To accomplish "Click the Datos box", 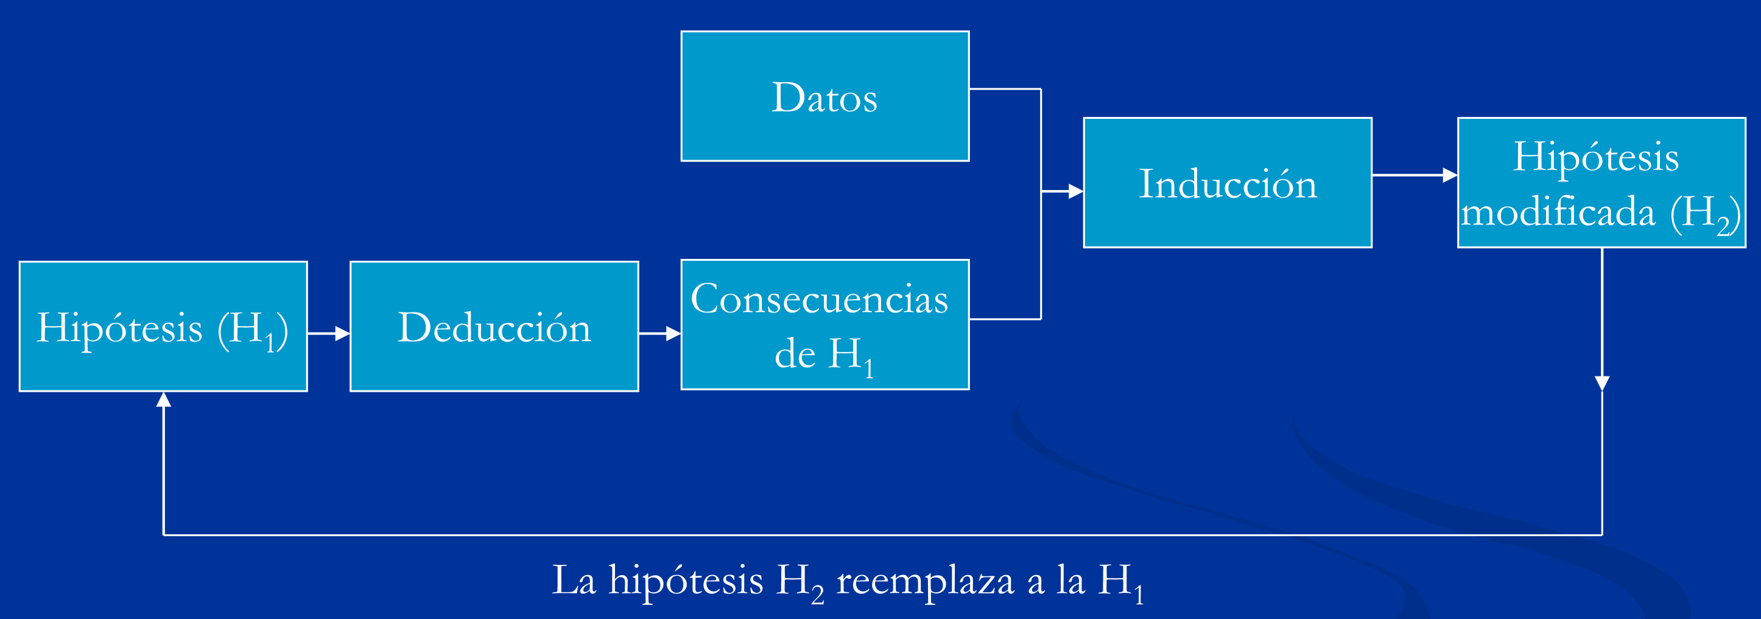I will tap(824, 96).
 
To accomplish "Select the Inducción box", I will tap(1227, 183).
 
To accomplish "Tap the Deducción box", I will tap(494, 327).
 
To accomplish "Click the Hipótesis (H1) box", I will tap(163, 327).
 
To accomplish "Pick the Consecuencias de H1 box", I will tap(824, 325).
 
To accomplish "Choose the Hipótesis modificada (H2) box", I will tap(1601, 183).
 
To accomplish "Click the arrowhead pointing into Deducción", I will tap(342, 334).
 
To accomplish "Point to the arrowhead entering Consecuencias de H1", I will tap(673, 334).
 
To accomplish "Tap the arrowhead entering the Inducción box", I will tap(1075, 191).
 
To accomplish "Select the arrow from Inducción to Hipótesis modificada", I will tap(1414, 175).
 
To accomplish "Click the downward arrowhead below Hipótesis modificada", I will tap(1601, 383).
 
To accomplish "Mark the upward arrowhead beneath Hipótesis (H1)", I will tap(163, 400).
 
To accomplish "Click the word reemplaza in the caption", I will tap(925, 581).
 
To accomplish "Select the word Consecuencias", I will tap(819, 299).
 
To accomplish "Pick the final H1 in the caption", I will tap(1120, 582).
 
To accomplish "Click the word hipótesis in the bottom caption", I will tap(685, 581).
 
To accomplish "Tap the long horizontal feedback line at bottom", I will tap(882, 535).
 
